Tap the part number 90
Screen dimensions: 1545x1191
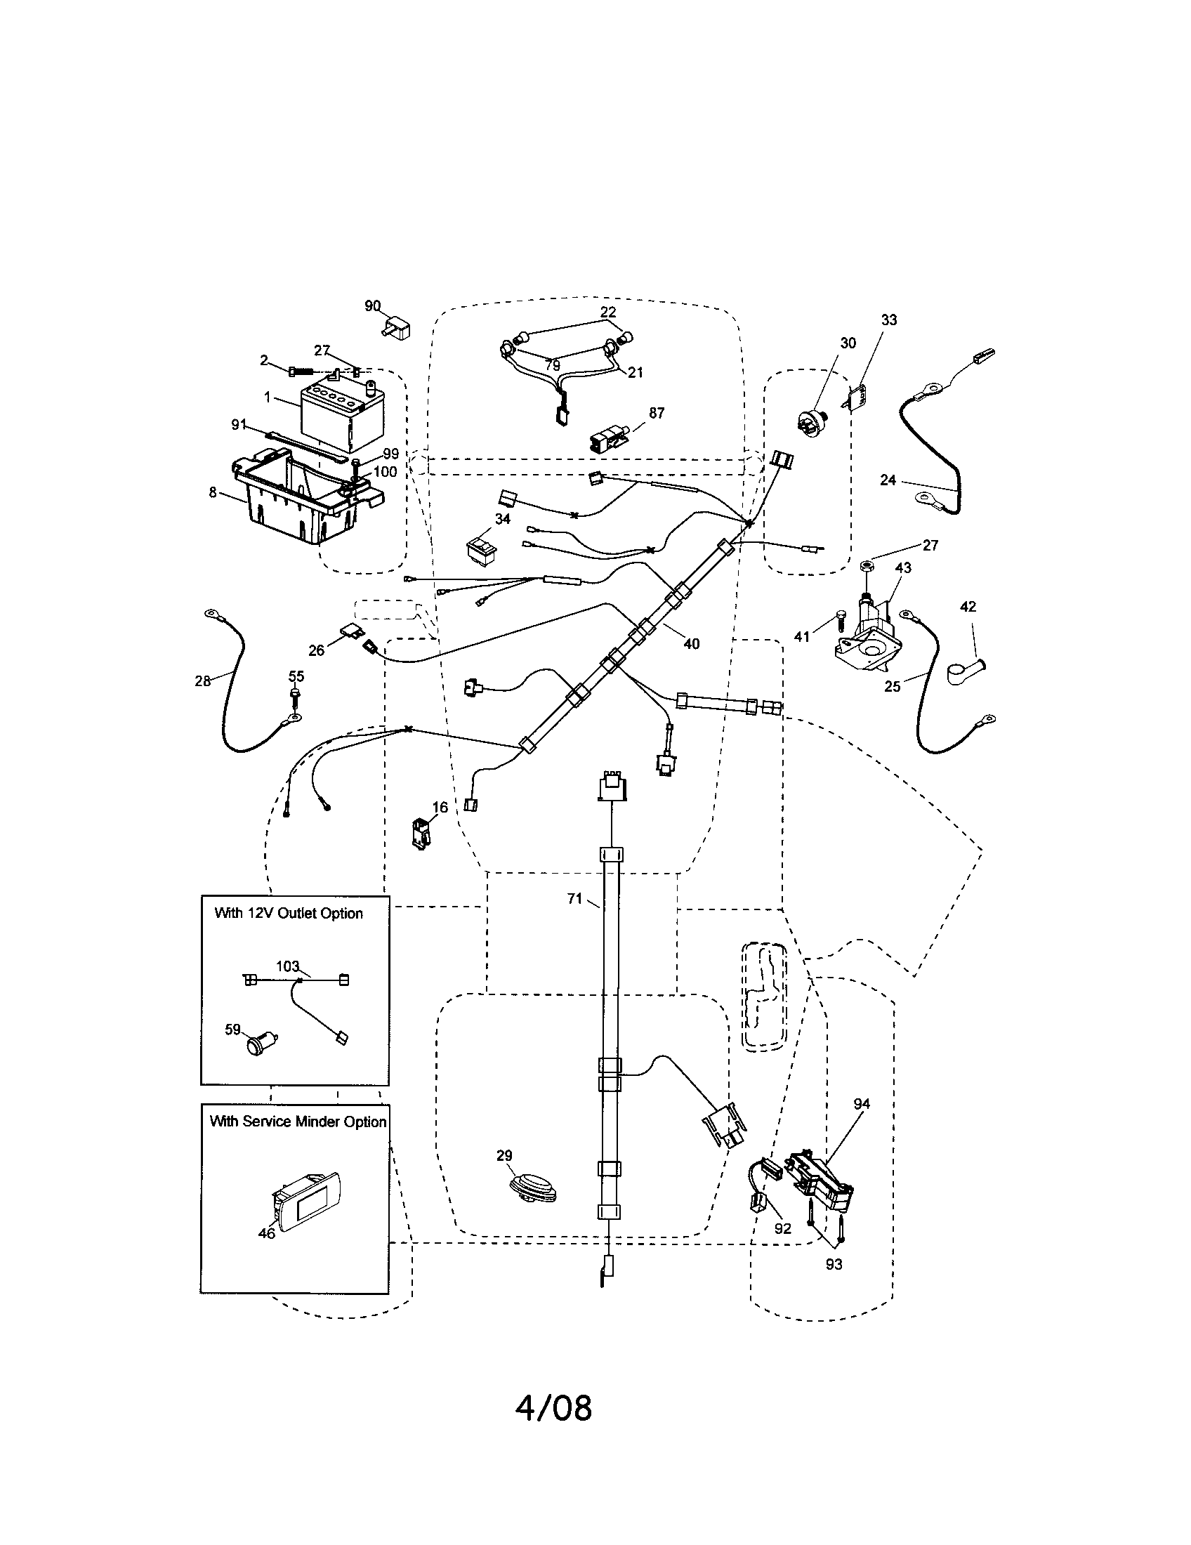pos(372,305)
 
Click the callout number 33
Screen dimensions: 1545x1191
pos(888,320)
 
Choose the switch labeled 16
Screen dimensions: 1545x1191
pos(421,833)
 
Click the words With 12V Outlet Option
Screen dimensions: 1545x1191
pos(289,912)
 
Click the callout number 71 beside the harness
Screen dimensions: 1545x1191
pos(574,898)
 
